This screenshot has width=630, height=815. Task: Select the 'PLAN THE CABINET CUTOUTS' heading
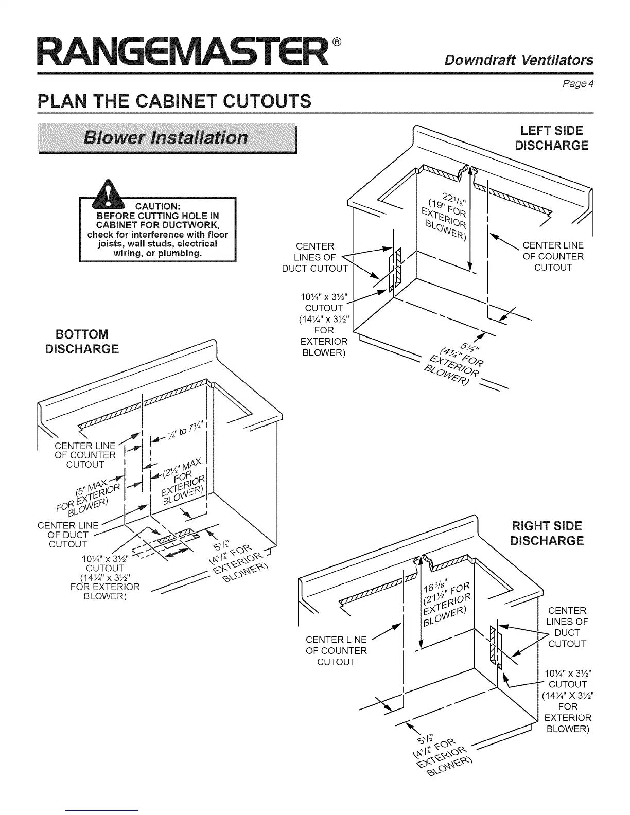click(x=175, y=101)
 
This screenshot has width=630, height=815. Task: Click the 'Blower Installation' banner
click(x=167, y=138)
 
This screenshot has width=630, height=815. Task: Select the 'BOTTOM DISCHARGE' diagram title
click(x=82, y=341)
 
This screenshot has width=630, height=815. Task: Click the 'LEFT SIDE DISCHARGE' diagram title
click(x=551, y=137)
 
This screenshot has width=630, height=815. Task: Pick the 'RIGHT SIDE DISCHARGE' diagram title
click(x=547, y=533)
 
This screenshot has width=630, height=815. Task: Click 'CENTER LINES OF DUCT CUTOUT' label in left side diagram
click(x=314, y=257)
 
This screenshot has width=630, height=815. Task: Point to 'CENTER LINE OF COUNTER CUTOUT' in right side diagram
click(x=336, y=650)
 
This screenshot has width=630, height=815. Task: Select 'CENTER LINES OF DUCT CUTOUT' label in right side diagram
click(x=567, y=627)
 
